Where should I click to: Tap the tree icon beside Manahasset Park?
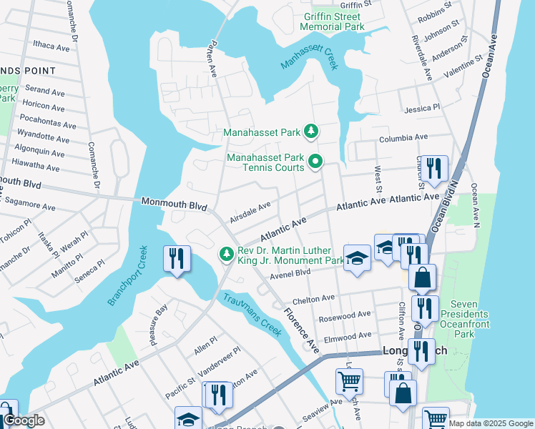point(311,132)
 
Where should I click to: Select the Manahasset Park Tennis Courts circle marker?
point(315,163)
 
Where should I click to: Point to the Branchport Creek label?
point(127,276)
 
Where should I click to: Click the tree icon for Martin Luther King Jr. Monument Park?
point(227,255)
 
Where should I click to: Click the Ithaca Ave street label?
point(51,46)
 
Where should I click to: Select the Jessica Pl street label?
point(422,108)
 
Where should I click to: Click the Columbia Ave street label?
point(403,137)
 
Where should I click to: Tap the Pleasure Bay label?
point(158,325)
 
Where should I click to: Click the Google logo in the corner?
point(24,421)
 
